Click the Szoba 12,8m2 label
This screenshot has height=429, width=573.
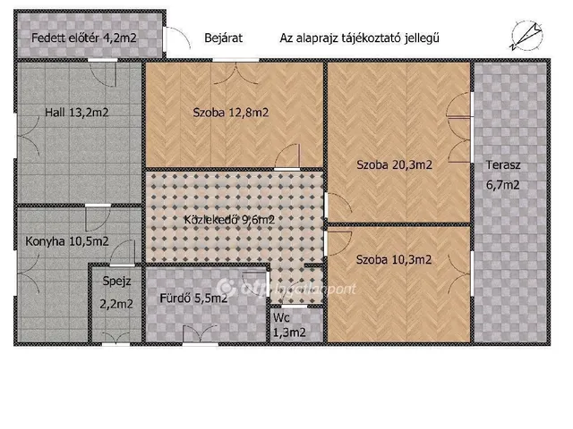pos(231,113)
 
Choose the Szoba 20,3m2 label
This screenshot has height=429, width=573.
pos(394,164)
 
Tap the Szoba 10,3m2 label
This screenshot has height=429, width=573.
pos(394,260)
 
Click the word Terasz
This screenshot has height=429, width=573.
pos(503,165)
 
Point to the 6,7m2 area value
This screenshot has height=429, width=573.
pos(503,185)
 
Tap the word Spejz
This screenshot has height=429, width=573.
pos(117,282)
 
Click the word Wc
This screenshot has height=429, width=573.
pos(281,316)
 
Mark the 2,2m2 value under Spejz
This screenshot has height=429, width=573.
pos(116,304)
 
